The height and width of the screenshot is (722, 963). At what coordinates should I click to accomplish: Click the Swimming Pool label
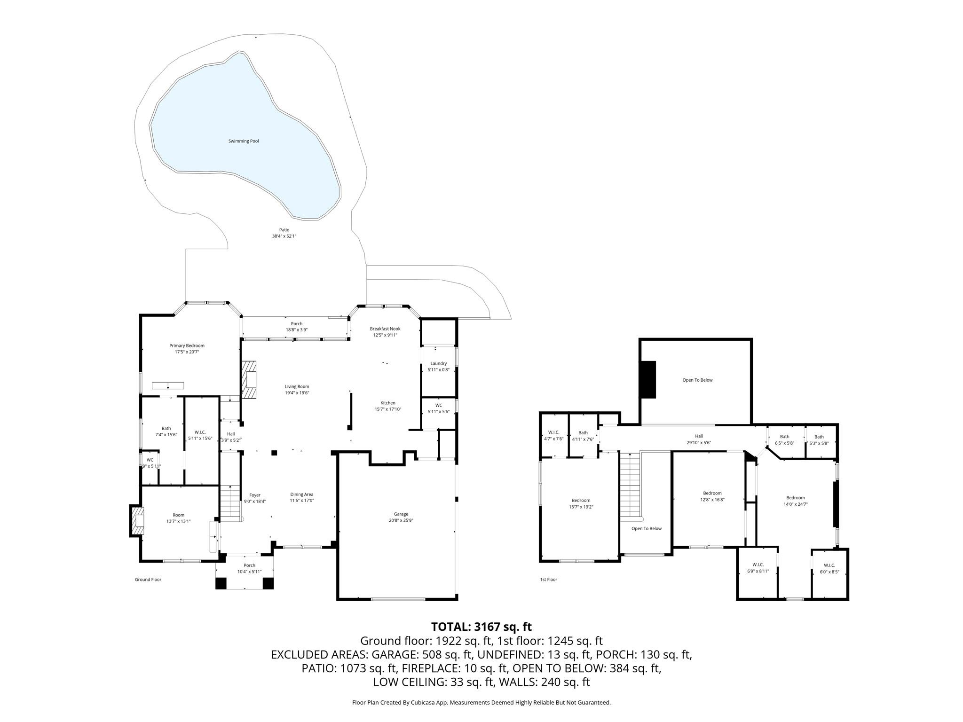pyautogui.click(x=243, y=141)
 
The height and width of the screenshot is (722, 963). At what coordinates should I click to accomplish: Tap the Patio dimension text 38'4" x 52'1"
pyautogui.click(x=284, y=236)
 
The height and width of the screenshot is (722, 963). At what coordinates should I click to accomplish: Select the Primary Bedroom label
pyautogui.click(x=187, y=345)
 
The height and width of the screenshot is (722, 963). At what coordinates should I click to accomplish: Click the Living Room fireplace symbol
pyautogui.click(x=250, y=380)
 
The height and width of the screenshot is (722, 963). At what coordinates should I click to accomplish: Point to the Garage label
pyautogui.click(x=401, y=514)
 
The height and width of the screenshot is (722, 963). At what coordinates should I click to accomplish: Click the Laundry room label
pyautogui.click(x=438, y=363)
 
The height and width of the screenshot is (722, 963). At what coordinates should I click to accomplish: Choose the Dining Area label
pyautogui.click(x=301, y=494)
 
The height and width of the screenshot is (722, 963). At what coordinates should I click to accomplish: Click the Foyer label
pyautogui.click(x=254, y=495)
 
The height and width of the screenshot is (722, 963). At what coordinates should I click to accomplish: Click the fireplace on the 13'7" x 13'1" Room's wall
pyautogui.click(x=137, y=521)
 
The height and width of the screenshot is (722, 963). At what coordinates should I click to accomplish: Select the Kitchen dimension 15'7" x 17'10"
pyautogui.click(x=387, y=409)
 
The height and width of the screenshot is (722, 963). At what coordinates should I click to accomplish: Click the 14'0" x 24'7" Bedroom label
pyautogui.click(x=795, y=498)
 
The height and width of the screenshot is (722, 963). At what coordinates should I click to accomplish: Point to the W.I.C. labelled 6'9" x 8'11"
pyautogui.click(x=758, y=565)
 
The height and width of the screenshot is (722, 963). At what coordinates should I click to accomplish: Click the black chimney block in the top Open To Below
pyautogui.click(x=647, y=380)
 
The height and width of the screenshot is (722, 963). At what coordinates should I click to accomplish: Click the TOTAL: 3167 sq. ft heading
pyautogui.click(x=481, y=627)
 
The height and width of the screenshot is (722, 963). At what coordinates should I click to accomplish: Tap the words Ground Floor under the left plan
pyautogui.click(x=148, y=580)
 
